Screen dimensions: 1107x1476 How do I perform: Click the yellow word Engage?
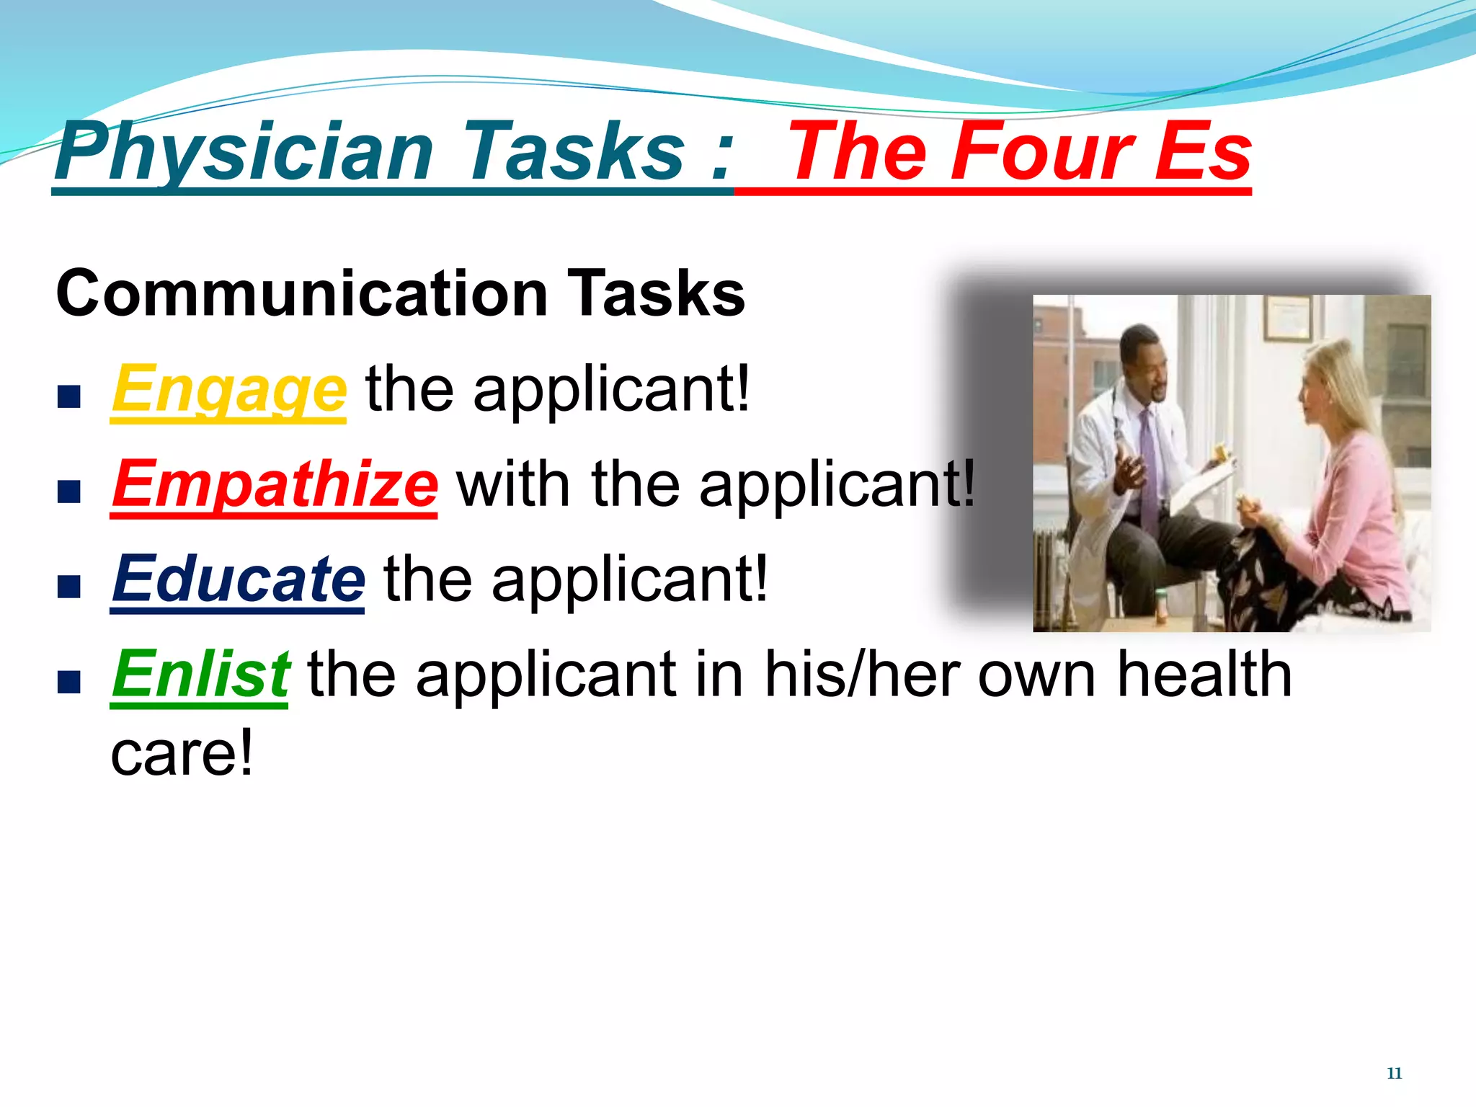point(228,390)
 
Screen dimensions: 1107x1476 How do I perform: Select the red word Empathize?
point(274,484)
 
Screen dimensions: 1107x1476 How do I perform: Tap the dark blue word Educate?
point(238,579)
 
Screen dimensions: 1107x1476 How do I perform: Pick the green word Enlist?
point(200,675)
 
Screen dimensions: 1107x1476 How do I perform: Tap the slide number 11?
point(1394,1073)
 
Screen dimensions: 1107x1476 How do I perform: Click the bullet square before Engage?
point(68,396)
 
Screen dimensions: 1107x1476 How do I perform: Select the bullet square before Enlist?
point(68,681)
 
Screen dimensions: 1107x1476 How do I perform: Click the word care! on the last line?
point(182,754)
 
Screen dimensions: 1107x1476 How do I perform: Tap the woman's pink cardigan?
point(1355,519)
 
